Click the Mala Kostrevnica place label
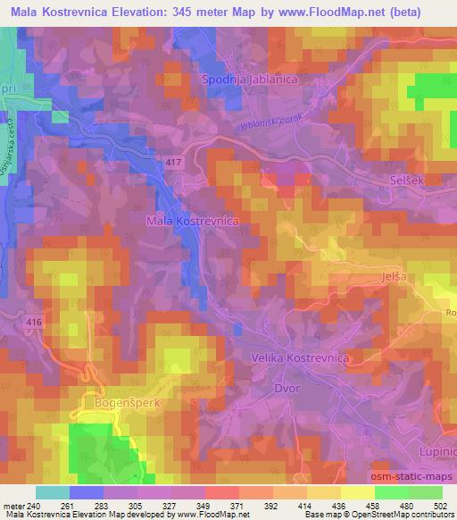[193, 220]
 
